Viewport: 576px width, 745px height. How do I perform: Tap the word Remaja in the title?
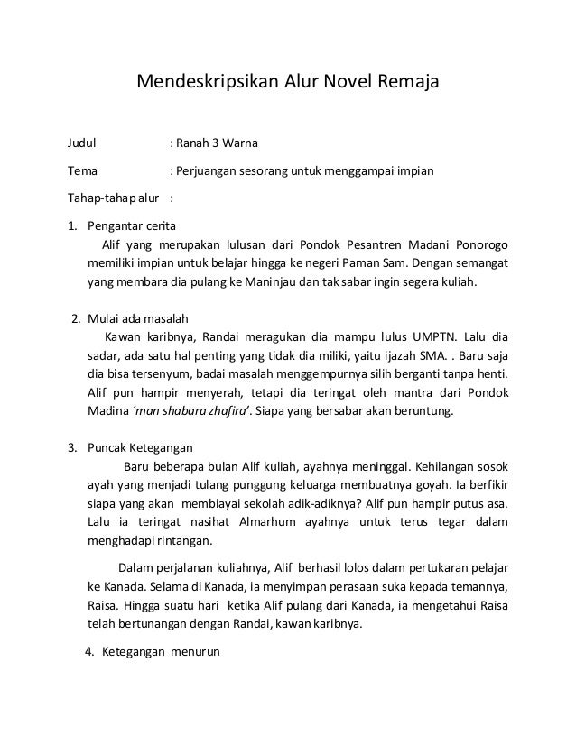coord(406,84)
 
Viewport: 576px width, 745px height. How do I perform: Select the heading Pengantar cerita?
coord(132,225)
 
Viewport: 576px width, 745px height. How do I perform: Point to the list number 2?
coord(76,318)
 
